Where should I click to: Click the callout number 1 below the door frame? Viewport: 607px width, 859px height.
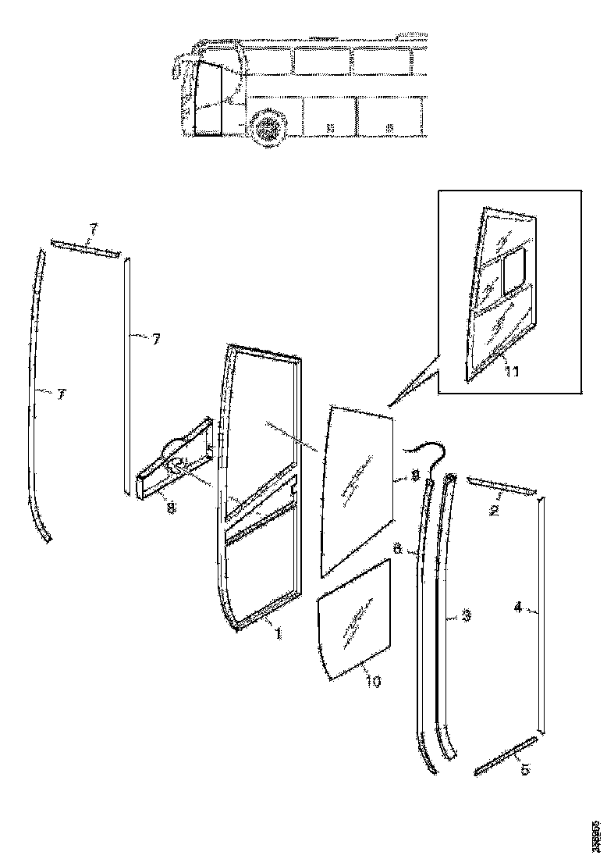(x=277, y=634)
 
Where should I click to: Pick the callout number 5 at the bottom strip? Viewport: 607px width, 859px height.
(x=524, y=770)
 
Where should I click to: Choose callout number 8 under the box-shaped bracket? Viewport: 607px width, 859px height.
(x=171, y=508)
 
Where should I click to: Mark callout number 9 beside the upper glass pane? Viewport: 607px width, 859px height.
(x=415, y=474)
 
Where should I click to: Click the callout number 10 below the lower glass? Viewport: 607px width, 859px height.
(x=374, y=681)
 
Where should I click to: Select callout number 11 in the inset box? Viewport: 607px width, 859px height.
(x=511, y=372)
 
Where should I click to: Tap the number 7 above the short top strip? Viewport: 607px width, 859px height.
(x=94, y=230)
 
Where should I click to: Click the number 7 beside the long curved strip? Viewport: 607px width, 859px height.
(x=60, y=396)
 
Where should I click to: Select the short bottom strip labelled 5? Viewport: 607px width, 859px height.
(x=505, y=755)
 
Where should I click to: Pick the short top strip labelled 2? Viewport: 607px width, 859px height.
(x=501, y=487)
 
